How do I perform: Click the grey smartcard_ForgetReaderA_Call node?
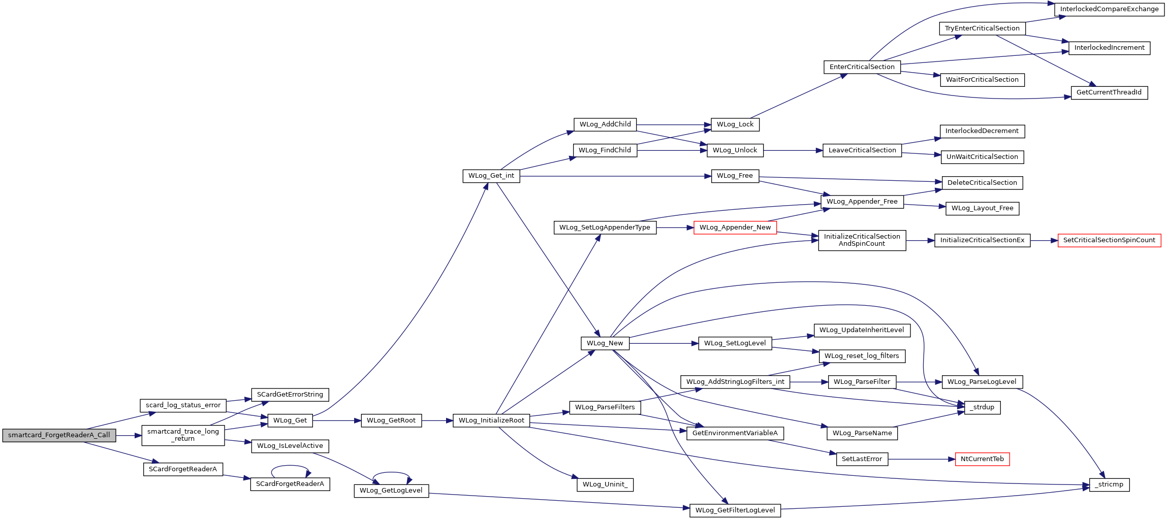pyautogui.click(x=59, y=435)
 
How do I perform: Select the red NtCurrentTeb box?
pyautogui.click(x=982, y=459)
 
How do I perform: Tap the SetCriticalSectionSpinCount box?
pyautogui.click(x=1109, y=240)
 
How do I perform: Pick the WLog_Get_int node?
pyautogui.click(x=491, y=176)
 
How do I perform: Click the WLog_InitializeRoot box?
pyautogui.click(x=491, y=420)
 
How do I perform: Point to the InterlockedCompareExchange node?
pyautogui.click(x=1109, y=9)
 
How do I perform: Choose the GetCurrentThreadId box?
pyautogui.click(x=1109, y=92)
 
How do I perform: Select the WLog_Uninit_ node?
pyautogui.click(x=605, y=484)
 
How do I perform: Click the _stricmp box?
pyautogui.click(x=1109, y=484)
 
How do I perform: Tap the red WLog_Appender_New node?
pyautogui.click(x=735, y=227)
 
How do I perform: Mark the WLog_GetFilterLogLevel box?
pyautogui.click(x=735, y=510)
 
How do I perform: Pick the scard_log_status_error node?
pyautogui.click(x=183, y=405)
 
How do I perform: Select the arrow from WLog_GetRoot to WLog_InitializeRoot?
pyautogui.click(x=437, y=420)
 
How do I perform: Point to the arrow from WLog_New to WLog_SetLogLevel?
pyautogui.click(x=664, y=344)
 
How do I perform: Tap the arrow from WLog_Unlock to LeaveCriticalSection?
pyautogui.click(x=793, y=150)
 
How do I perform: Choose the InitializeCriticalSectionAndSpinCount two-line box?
pyautogui.click(x=862, y=240)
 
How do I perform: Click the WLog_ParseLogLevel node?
pyautogui.click(x=982, y=382)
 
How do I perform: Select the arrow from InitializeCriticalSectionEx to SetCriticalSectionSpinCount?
pyautogui.click(x=1044, y=240)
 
